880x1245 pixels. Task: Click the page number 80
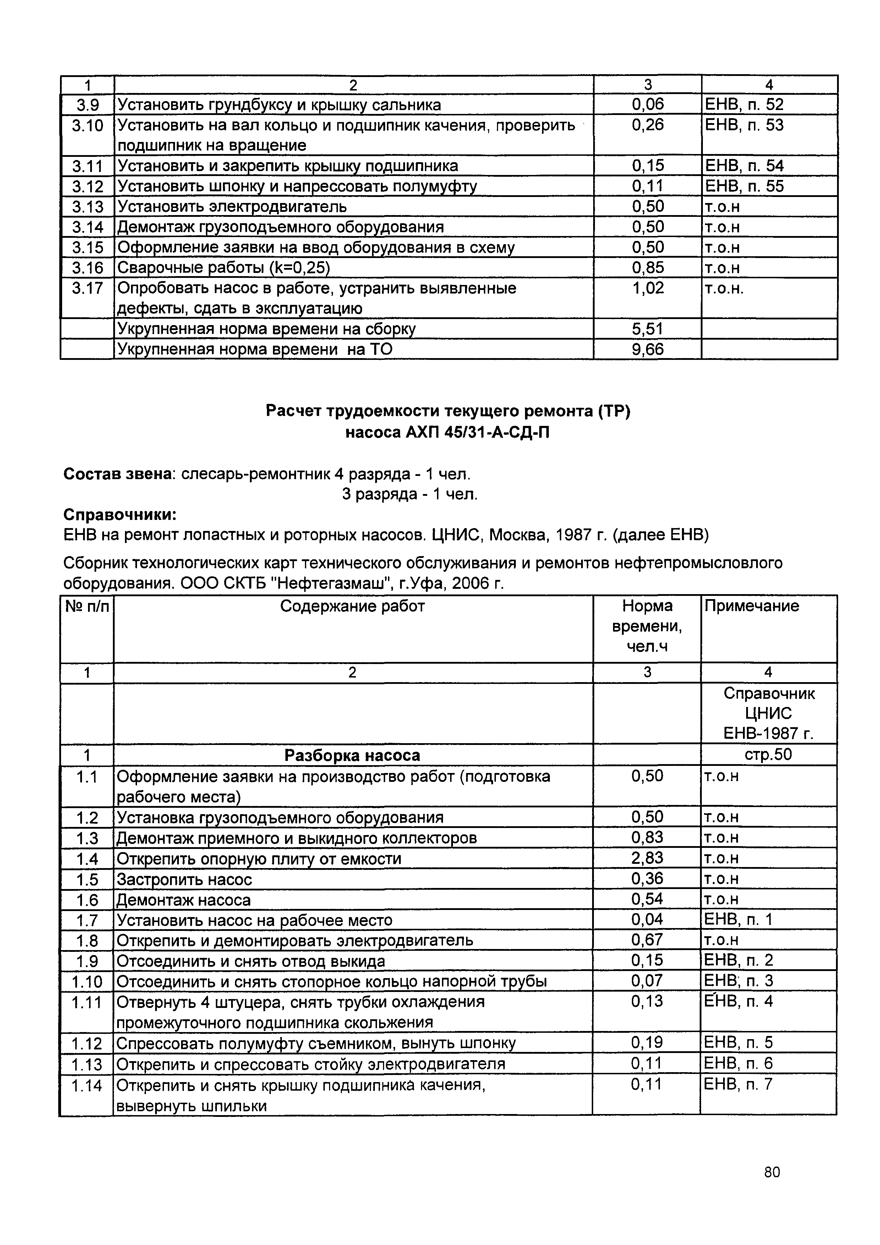point(772,1188)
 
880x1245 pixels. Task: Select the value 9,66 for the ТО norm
point(647,349)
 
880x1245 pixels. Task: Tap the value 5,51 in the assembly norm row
point(647,329)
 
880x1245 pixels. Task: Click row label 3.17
point(87,288)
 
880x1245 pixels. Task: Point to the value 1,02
point(647,288)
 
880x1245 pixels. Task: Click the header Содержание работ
point(352,606)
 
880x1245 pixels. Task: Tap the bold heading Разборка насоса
point(352,755)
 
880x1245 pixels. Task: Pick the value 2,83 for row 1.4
point(647,858)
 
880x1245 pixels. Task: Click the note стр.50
point(768,755)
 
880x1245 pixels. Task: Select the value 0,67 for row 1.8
point(647,940)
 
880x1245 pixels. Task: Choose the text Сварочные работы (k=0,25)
point(223,268)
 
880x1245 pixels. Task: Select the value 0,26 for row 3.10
point(647,125)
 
